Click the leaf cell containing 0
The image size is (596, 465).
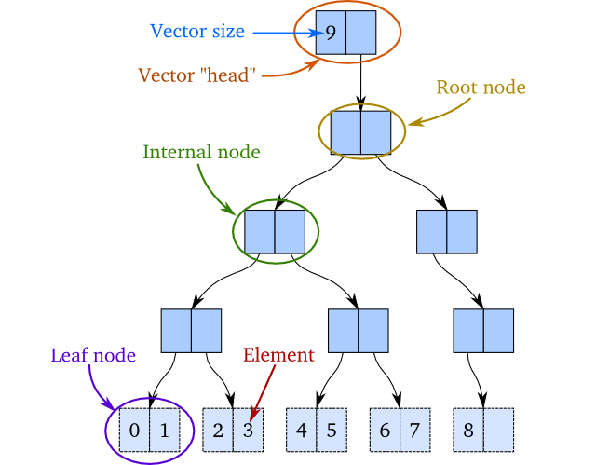coord(134,431)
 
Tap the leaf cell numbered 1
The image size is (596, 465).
coord(164,431)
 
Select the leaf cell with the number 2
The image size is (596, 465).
coord(218,431)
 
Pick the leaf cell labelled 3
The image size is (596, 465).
coord(248,431)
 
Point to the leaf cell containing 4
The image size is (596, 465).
coord(302,431)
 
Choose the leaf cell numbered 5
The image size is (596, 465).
coord(332,431)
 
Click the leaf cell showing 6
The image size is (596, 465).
coord(386,431)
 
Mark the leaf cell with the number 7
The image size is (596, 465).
coord(415,431)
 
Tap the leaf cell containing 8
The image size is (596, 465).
coord(468,431)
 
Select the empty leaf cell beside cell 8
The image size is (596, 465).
coord(499,431)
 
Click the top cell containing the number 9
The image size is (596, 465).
coord(331,33)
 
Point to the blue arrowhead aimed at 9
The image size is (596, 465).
coord(316,33)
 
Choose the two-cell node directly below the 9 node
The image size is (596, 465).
coord(360,132)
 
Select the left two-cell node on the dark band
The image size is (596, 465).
coord(275,232)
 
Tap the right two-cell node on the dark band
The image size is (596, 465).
coord(446,232)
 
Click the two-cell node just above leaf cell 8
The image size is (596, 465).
coord(483,331)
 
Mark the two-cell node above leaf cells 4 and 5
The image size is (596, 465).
coord(359,331)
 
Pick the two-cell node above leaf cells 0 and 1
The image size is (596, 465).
coord(191,331)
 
